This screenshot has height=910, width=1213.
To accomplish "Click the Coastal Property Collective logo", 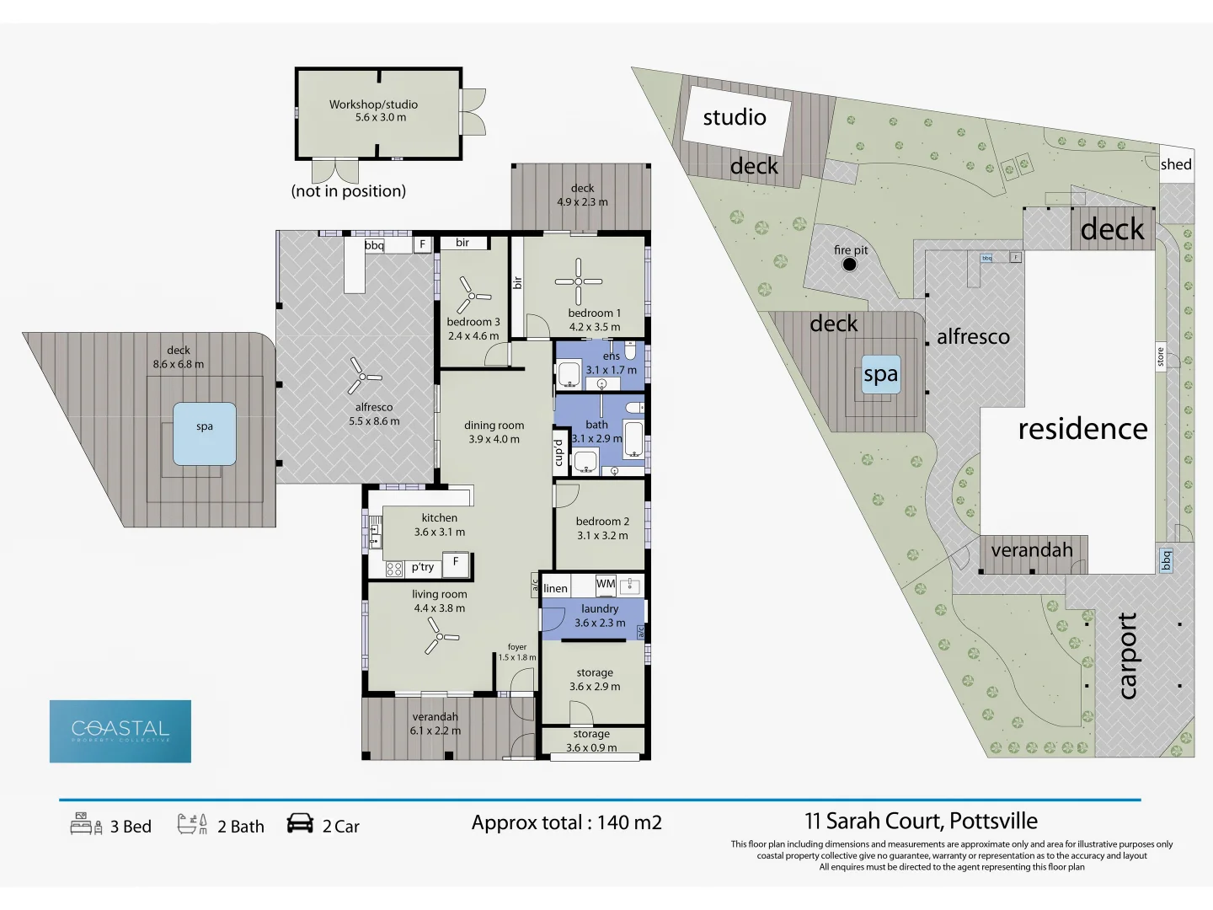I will [120, 731].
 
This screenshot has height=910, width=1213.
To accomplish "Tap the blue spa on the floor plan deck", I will [205, 434].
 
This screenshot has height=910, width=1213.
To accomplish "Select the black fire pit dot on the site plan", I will [849, 265].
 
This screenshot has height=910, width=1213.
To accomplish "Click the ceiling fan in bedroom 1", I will [579, 281].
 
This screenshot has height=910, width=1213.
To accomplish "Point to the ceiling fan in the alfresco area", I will [364, 377].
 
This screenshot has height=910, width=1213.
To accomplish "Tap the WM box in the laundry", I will [606, 584].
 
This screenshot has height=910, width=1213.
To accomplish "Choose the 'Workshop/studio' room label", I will [373, 104].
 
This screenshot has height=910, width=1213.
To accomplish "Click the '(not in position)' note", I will [349, 191].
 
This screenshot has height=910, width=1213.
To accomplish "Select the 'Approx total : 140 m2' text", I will [566, 823].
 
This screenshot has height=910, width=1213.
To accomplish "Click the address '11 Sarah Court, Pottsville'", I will [921, 821].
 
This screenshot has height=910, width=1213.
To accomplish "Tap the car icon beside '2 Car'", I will [300, 823].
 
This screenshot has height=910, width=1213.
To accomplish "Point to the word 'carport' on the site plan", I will [1127, 656].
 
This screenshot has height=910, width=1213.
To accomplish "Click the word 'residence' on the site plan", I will [1082, 429].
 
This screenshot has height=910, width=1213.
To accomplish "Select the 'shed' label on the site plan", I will [1176, 164].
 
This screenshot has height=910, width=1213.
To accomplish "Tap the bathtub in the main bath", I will [633, 439].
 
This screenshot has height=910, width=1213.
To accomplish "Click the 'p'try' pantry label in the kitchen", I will [423, 567].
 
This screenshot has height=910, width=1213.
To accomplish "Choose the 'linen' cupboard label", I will [555, 588].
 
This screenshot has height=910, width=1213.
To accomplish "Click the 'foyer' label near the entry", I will [517, 647].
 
